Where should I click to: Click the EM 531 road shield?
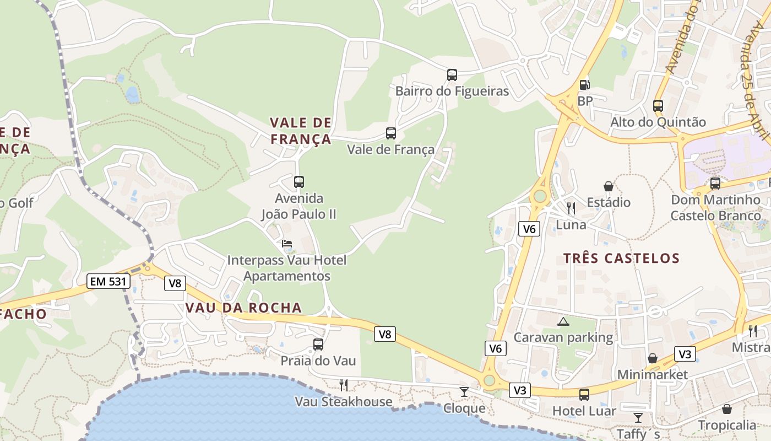point(109,282)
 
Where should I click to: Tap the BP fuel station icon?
point(584,85)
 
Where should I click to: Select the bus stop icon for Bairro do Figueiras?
point(452,74)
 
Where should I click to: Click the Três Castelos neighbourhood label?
point(621,258)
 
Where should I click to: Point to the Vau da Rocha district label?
point(244,308)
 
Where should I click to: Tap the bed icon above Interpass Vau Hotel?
point(287,244)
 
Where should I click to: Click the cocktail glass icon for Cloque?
point(464,391)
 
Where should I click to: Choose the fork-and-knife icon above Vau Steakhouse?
point(344,385)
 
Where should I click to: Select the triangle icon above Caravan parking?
point(563,321)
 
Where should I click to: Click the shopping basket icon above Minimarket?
point(653,358)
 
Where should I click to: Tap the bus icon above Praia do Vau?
point(318,345)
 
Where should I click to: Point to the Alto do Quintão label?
point(658,122)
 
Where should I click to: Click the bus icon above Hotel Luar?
point(584,395)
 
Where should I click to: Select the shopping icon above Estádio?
point(609,186)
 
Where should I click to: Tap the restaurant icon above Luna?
point(571,208)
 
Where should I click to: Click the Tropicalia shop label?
point(727,425)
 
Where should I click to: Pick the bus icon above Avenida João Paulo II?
point(299,181)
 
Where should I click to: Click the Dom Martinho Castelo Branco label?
point(715,207)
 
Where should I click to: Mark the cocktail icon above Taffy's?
point(638,417)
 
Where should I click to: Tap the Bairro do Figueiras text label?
point(452,91)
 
